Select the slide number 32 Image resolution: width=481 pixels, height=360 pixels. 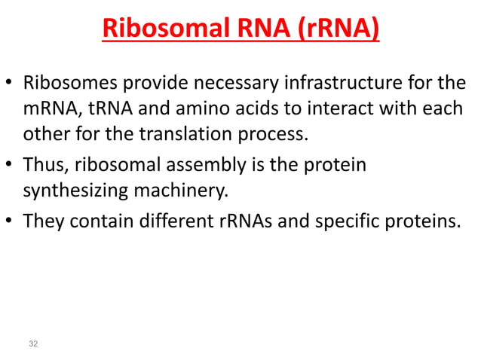32,344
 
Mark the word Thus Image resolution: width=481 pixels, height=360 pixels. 44,164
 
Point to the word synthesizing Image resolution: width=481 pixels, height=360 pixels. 72,191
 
